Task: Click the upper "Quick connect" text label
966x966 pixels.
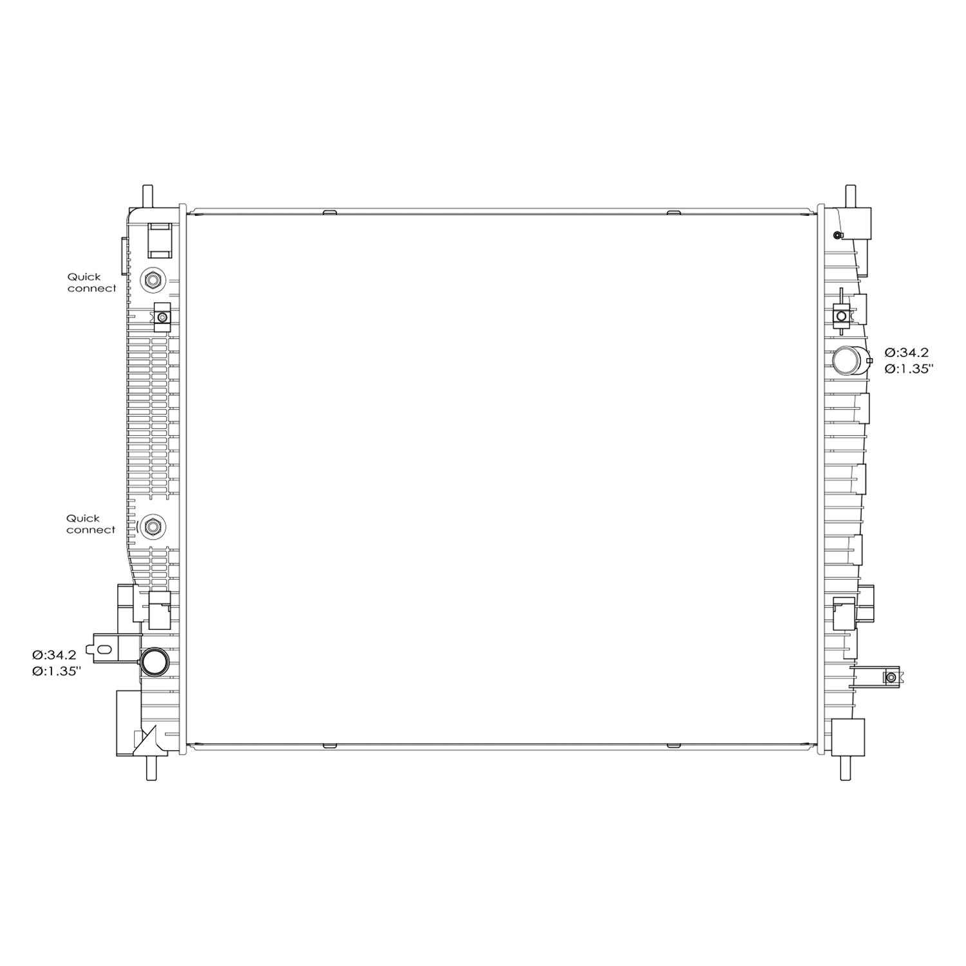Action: click(92, 283)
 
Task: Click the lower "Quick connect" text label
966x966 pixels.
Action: click(91, 524)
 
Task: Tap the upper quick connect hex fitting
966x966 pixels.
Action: click(153, 280)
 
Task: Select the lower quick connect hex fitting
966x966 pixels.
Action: click(153, 526)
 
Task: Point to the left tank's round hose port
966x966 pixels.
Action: click(155, 661)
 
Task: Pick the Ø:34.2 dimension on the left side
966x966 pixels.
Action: click(55, 655)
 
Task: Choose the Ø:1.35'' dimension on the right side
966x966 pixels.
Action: click(909, 369)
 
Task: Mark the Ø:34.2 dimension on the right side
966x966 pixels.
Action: click(906, 352)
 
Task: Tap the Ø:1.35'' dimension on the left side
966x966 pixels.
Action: click(57, 671)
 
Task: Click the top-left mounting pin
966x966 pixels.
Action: click(148, 195)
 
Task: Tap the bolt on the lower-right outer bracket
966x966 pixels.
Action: click(891, 677)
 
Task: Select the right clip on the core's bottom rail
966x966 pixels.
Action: click(673, 745)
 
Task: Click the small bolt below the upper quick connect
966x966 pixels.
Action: click(162, 317)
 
